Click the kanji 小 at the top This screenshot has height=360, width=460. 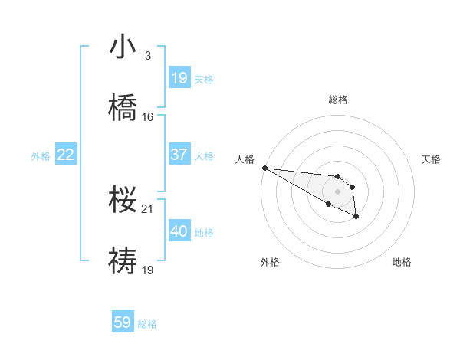coord(123,47)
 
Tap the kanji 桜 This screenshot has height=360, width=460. coord(123,200)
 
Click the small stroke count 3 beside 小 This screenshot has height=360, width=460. coord(147,57)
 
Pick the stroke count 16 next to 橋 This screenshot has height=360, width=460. coord(147,116)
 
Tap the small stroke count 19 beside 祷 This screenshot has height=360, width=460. coord(147,269)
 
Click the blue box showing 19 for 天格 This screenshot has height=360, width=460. coord(179,78)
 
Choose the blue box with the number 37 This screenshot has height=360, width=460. coord(179,155)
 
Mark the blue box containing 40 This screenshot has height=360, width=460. coord(179,231)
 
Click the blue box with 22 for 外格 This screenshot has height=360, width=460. coord(65,155)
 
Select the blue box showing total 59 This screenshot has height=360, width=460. coord(123,322)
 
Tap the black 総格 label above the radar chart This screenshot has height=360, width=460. coord(338,100)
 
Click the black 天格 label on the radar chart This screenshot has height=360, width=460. coord(432,159)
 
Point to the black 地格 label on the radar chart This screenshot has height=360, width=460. coord(402,262)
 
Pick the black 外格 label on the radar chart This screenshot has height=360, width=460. coord(270,262)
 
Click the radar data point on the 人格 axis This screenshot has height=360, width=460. coord(264,168)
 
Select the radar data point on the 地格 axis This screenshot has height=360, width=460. coord(356,217)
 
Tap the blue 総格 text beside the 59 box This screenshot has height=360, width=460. coord(147,324)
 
